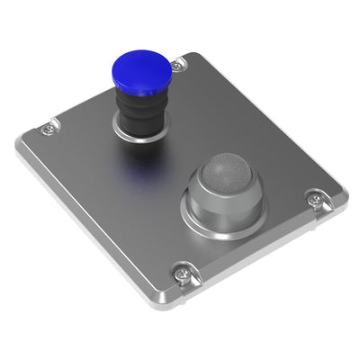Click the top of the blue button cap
[141, 65]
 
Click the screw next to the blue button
[178, 64]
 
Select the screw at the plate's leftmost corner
[47, 129]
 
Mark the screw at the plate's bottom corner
[183, 271]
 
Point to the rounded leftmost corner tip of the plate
[18, 146]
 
